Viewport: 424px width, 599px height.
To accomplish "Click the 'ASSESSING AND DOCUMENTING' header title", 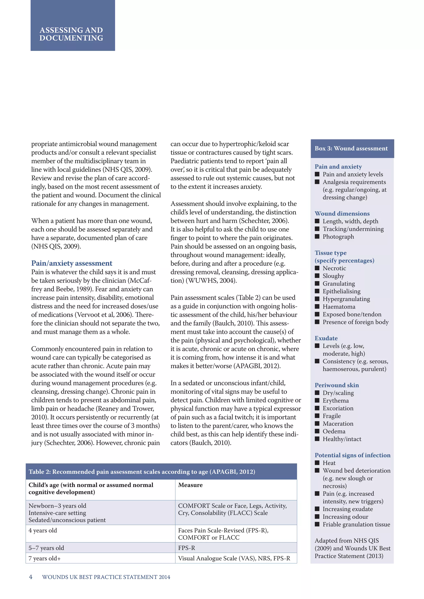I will [x=71, y=34].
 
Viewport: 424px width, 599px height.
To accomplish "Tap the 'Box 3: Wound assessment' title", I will [x=351, y=149].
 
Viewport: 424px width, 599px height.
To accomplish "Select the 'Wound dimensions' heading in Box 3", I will [x=342, y=213].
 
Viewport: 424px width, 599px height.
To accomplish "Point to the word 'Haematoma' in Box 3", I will [x=339, y=307].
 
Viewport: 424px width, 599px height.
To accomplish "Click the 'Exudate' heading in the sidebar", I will [x=326, y=338].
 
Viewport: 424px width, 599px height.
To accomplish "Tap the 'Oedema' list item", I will [x=334, y=431].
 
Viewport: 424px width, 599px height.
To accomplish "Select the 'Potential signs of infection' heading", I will [x=352, y=455].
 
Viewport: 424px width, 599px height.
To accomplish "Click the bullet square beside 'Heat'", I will [x=317, y=463].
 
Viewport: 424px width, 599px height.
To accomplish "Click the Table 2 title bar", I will [x=161, y=472].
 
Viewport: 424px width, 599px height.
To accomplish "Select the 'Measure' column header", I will [x=190, y=485].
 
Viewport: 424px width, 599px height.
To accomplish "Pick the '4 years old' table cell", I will [x=43, y=530].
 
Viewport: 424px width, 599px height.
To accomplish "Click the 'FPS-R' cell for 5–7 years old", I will [x=186, y=548].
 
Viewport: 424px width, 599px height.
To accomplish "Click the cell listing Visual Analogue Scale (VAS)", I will [x=234, y=558].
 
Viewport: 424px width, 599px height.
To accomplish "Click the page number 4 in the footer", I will [x=31, y=577].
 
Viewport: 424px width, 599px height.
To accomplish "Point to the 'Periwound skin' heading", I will [x=337, y=385].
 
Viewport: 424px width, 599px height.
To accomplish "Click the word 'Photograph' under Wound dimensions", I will [x=338, y=237].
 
